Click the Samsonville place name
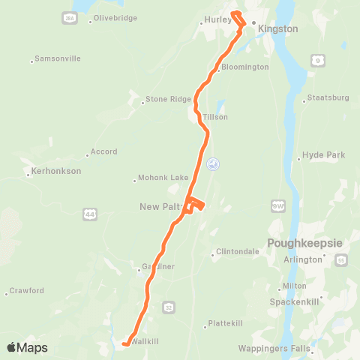57,60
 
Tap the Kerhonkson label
56,171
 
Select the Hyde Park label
323,155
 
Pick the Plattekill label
226,325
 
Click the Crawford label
28,291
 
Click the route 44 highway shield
91,214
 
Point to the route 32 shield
169,307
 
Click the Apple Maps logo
28,347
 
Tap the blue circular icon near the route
213,163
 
